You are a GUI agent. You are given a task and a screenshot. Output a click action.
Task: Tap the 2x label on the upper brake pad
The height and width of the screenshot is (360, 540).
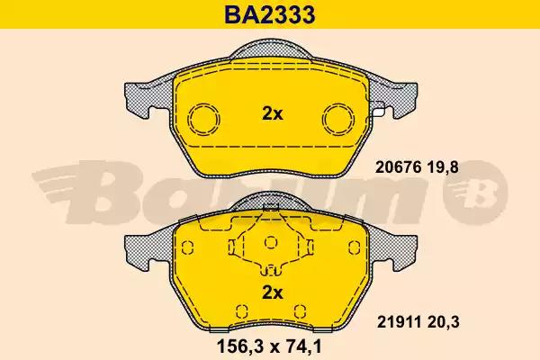272,114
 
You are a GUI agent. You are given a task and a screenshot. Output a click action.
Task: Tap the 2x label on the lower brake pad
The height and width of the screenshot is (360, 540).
272,291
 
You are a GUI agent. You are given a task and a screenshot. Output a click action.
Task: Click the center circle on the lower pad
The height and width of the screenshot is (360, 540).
272,244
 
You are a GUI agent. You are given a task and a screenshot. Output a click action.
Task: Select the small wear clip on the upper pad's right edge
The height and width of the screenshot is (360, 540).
382,112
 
